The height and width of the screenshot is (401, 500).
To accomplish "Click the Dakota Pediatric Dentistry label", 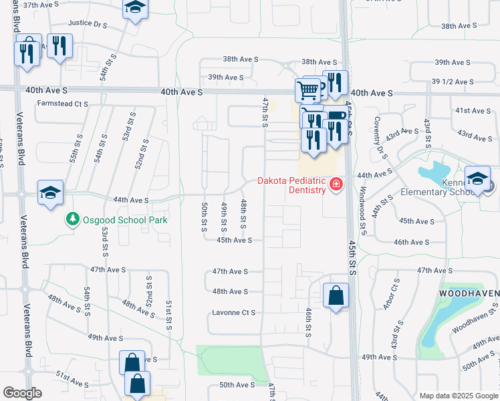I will coord(292,186).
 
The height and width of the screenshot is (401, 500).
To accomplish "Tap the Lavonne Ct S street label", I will coord(234,313).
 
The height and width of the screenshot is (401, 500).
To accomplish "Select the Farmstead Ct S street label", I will coord(63,104).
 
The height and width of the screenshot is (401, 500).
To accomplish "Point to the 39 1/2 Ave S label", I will coord(453,82).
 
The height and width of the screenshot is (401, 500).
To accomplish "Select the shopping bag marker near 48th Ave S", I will coord(336,295).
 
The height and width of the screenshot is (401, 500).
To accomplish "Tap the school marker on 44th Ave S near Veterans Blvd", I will coord(50,193).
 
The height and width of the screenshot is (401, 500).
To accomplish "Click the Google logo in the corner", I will coord(23,393).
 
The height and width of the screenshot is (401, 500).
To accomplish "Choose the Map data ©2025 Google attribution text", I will coord(458,396).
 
